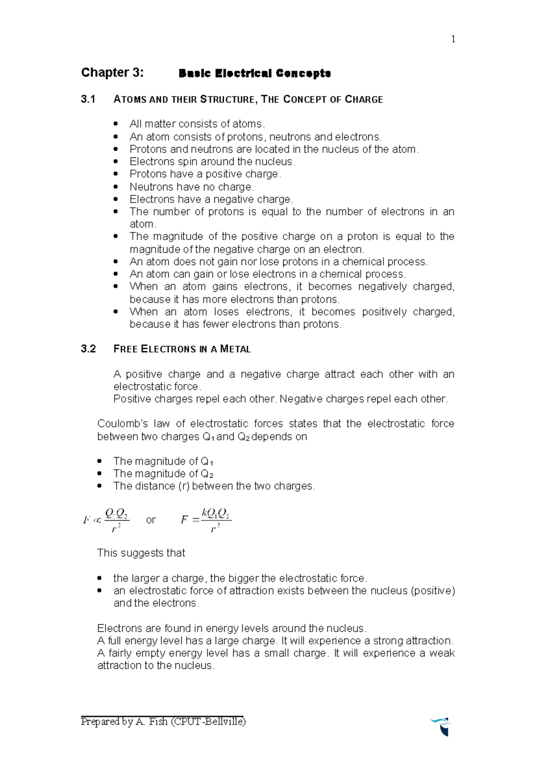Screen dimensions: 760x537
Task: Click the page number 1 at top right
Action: click(453, 39)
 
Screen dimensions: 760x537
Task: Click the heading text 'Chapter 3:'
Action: click(112, 73)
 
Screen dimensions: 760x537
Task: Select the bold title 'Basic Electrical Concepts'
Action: click(255, 73)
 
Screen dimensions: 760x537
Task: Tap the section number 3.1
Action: click(88, 99)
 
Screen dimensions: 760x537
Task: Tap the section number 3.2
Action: click(88, 349)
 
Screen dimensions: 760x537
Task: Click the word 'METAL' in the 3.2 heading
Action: click(235, 350)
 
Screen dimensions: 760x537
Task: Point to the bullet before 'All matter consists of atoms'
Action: click(116, 124)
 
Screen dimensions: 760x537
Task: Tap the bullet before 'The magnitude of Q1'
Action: click(100, 461)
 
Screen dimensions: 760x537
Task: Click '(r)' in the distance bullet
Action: click(183, 486)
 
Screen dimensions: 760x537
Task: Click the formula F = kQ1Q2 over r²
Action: click(206, 520)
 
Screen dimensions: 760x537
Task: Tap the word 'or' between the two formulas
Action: click(151, 520)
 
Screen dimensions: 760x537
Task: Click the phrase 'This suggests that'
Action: click(141, 553)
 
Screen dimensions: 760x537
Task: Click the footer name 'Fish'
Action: click(158, 721)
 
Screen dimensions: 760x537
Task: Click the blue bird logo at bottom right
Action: click(442, 725)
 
